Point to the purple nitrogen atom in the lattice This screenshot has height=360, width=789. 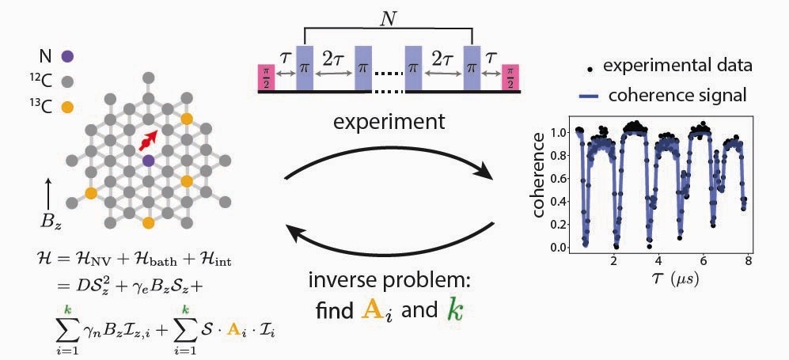148,161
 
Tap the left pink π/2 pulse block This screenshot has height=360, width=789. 266,78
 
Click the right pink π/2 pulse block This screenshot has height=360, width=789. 510,78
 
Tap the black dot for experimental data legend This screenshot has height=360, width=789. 587,66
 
